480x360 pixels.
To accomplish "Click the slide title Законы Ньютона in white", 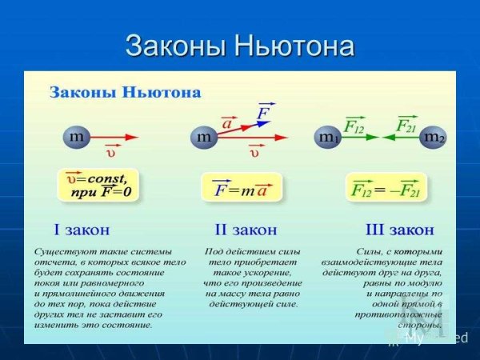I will pyautogui.click(x=239, y=45).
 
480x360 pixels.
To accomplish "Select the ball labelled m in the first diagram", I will pyautogui.click(x=77, y=137).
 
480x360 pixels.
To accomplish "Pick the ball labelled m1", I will pyautogui.click(x=327, y=138).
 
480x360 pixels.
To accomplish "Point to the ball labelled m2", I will pyautogui.click(x=433, y=138).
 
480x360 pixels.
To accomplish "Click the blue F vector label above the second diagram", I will pyautogui.click(x=262, y=113).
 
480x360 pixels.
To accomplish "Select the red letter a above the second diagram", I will pyautogui.click(x=227, y=124).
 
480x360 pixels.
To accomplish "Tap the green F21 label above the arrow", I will pyautogui.click(x=406, y=125).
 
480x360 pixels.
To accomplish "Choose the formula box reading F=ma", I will pyautogui.click(x=242, y=187).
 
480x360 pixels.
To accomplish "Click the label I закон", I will pyautogui.click(x=82, y=230).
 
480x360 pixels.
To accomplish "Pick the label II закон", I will pyautogui.click(x=246, y=230).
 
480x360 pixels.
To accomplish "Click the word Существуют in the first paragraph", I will pyautogui.click(x=58, y=251).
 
